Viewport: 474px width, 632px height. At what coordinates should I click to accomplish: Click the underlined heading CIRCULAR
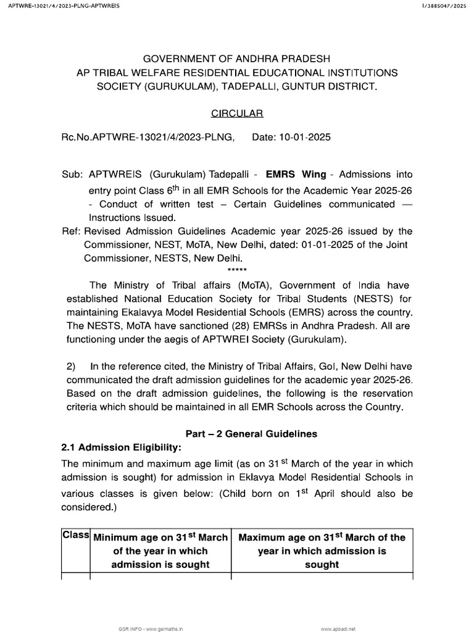[237, 114]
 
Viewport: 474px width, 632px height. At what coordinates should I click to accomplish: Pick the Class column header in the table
[76, 536]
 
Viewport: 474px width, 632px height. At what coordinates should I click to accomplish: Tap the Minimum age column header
[160, 551]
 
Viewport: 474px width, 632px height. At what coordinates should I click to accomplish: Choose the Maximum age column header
[322, 551]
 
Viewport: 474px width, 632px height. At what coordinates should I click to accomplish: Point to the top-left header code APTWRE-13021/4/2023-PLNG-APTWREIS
[60, 6]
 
